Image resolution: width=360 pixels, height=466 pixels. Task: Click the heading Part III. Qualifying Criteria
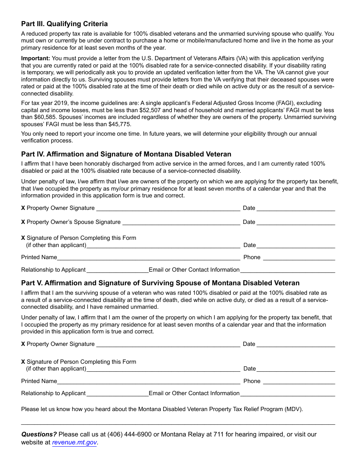pyautogui.click(x=64, y=24)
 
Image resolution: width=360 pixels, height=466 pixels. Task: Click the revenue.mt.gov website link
pyautogui.click(x=74, y=442)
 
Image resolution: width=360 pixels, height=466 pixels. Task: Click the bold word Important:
pyautogui.click(x=35, y=58)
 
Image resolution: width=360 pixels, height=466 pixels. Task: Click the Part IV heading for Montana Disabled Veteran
pyautogui.click(x=126, y=154)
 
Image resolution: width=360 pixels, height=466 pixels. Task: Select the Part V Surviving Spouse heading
pyautogui.click(x=160, y=283)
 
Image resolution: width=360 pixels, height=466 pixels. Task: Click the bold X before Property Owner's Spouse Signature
pyautogui.click(x=23, y=222)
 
